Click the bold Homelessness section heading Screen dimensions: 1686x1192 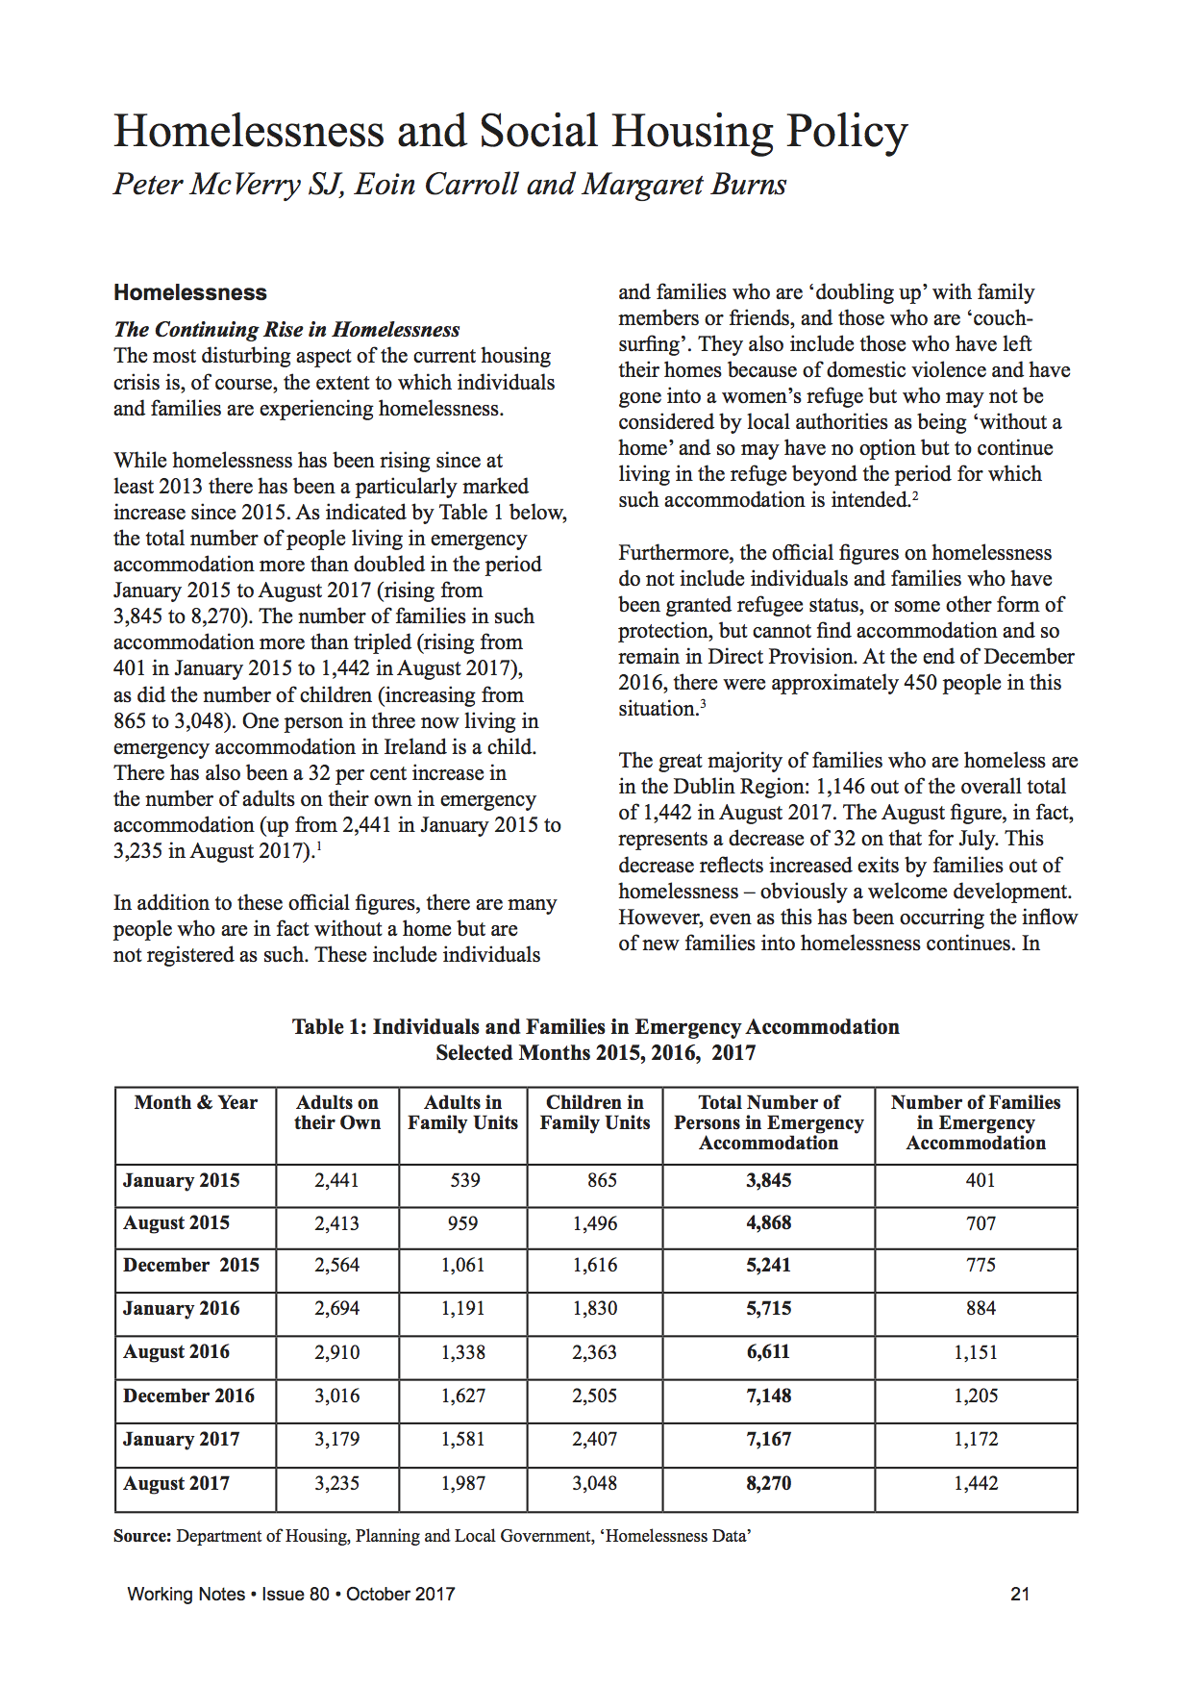pos(190,292)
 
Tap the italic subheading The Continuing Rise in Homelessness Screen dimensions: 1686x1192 pos(286,329)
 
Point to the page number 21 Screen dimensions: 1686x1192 pos(1020,1594)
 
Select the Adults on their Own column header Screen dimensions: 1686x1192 pos(337,1113)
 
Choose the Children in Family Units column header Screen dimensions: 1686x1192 pos(595,1113)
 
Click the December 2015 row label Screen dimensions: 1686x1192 pos(191,1266)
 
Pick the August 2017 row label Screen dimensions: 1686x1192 pos(177,1483)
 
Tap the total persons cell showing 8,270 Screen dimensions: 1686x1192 pos(769,1483)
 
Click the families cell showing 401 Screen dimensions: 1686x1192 pos(981,1180)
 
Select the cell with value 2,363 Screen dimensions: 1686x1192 pos(595,1352)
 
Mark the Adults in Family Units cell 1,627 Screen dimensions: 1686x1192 pos(463,1396)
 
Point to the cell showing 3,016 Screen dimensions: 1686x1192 pos(337,1396)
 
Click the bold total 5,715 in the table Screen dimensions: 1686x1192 pos(769,1309)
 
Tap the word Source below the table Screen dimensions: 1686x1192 pos(142,1536)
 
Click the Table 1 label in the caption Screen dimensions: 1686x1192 pos(329,1027)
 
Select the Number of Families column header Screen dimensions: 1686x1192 pos(976,1122)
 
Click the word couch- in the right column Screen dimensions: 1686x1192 pos(1003,318)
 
